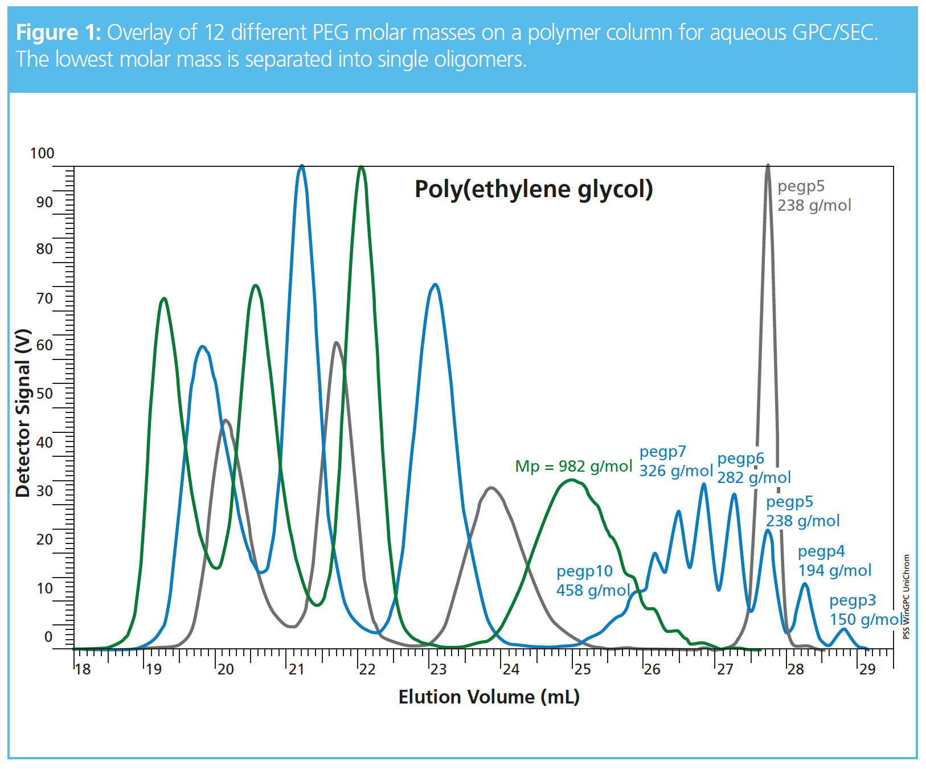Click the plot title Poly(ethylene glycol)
[534, 189]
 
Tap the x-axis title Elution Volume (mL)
[489, 697]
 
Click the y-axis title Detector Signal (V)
[23, 413]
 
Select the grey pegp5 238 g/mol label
[814, 195]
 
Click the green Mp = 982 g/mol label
[573, 467]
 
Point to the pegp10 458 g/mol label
[592, 580]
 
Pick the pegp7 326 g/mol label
[675, 461]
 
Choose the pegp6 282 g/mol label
[753, 468]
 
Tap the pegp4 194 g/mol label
[834, 561]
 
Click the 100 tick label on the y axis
[42, 153]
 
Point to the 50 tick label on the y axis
[44, 394]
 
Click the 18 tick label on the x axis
[83, 669]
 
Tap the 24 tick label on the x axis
[511, 669]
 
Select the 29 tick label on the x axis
[867, 669]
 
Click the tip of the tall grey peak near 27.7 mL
[768, 166]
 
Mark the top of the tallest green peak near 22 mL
[360, 167]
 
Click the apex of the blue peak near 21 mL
[302, 166]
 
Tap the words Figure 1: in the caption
[58, 32]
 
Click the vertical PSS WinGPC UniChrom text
[906, 596]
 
